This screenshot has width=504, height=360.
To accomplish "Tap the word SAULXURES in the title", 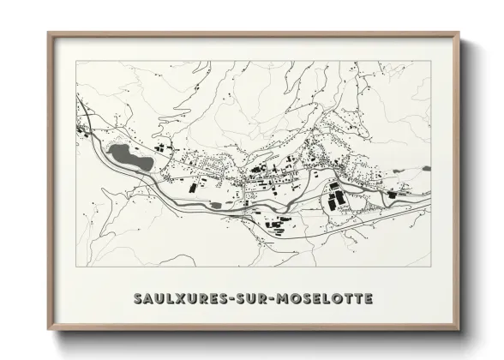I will point(183,299).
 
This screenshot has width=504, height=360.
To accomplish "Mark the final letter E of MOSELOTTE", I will point(368,299).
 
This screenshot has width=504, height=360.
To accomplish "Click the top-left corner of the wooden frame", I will point(49,33).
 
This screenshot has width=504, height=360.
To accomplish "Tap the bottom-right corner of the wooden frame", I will point(459,329).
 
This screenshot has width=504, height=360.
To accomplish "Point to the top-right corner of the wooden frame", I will point(459,33).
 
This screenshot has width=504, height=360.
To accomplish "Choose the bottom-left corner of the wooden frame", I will point(49,329).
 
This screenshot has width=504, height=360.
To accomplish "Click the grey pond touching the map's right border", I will point(426,168).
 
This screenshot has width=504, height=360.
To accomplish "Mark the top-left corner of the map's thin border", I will point(76,61).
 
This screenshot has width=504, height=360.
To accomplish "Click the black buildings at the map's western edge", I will point(82,130).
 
